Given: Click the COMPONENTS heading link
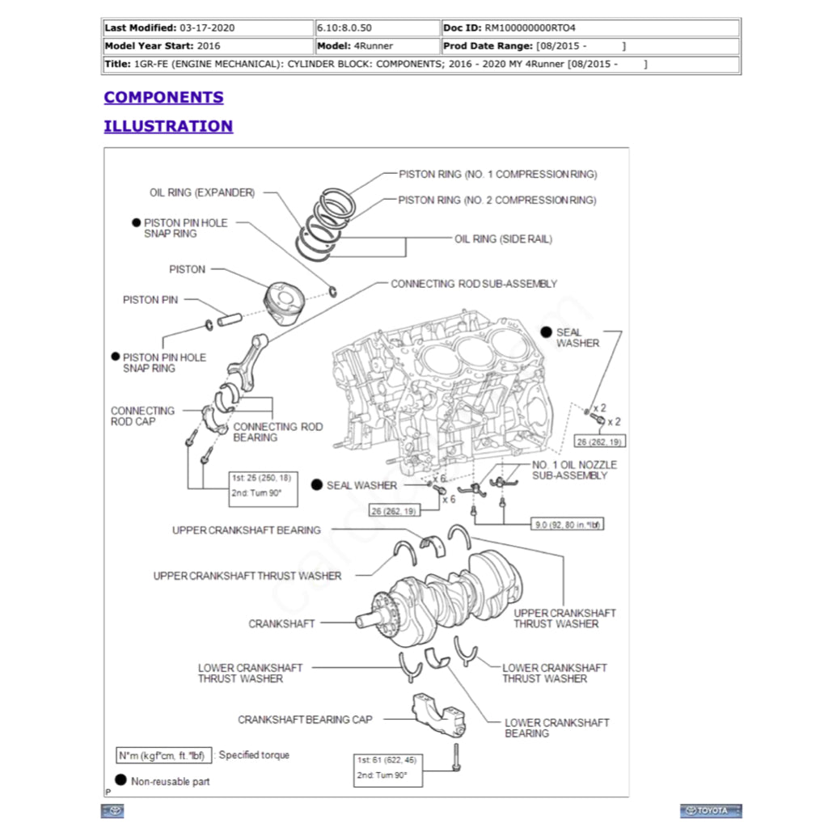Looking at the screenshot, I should click(163, 97).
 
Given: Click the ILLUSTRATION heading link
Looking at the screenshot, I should click(168, 126).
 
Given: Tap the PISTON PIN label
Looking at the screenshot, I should click(150, 300).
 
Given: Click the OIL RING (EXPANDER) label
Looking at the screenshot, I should click(202, 193).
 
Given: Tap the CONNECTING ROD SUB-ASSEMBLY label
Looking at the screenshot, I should click(474, 284).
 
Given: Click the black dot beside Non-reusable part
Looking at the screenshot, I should click(120, 780).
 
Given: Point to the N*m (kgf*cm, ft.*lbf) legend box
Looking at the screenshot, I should click(164, 755).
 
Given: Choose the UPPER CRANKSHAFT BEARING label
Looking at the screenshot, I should click(246, 530).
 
